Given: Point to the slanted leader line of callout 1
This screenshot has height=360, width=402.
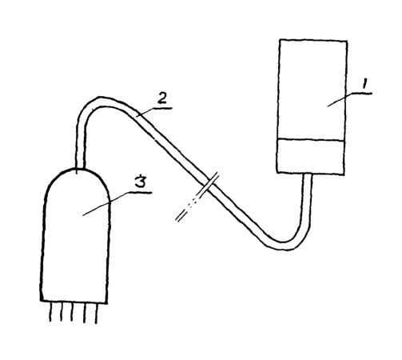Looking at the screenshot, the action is click(x=341, y=99).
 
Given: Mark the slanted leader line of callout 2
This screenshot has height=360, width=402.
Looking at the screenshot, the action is click(x=145, y=112).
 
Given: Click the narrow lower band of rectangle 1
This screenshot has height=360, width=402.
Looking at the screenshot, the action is click(x=310, y=157).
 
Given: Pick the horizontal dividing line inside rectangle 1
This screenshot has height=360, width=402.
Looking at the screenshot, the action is click(x=311, y=139).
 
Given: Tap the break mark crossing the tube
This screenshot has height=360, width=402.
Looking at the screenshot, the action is click(x=197, y=197).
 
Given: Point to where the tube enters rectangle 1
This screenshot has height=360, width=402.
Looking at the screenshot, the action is click(x=307, y=174).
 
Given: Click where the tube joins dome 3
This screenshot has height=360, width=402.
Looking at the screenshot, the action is click(x=81, y=169).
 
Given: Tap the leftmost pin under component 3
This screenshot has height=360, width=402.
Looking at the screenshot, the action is click(x=50, y=312).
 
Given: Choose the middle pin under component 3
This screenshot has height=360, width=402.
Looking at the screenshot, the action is click(x=72, y=312).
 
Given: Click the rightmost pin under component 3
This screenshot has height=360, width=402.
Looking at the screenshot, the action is click(x=96, y=314).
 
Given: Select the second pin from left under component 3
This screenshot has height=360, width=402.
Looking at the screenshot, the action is click(x=62, y=312).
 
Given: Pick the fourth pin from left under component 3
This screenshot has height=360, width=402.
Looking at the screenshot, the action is click(x=85, y=313).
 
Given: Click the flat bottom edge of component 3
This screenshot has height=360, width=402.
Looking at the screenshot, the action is click(x=74, y=302).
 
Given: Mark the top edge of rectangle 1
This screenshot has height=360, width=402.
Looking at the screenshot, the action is click(x=313, y=41).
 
